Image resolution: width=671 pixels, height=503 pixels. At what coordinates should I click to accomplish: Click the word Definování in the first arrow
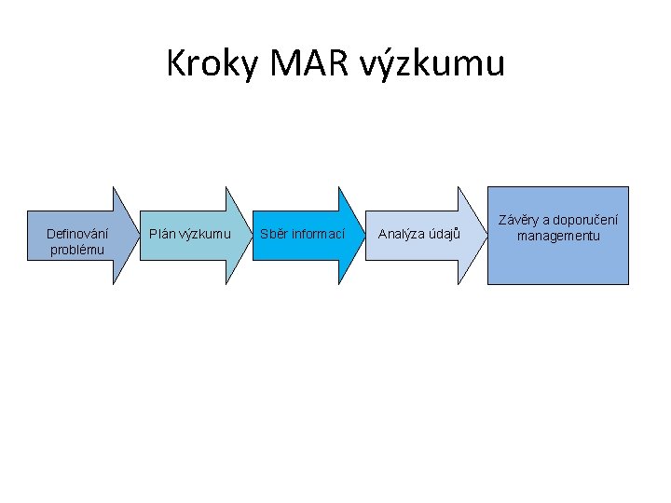(x=77, y=234)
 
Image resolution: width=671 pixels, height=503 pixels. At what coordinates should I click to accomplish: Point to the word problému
(x=77, y=250)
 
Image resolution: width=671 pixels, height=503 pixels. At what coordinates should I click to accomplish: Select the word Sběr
(x=274, y=234)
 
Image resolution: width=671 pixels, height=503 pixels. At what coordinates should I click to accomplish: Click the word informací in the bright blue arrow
(x=318, y=234)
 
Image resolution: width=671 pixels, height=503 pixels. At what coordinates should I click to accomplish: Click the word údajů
(x=445, y=234)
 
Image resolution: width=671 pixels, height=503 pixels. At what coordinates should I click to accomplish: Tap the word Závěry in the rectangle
(x=520, y=221)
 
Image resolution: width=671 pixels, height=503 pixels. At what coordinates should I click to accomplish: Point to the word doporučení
(x=585, y=221)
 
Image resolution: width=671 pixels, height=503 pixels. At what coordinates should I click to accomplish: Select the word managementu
(x=558, y=236)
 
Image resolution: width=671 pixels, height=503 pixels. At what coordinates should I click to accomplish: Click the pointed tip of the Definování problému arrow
(x=137, y=235)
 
